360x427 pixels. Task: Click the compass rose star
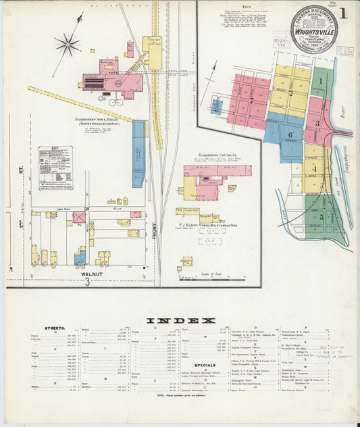point(68,46)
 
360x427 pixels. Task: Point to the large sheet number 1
point(344,14)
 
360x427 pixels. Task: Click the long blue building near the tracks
point(138,153)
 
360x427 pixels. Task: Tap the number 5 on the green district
point(312,218)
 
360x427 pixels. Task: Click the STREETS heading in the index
point(54,329)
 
